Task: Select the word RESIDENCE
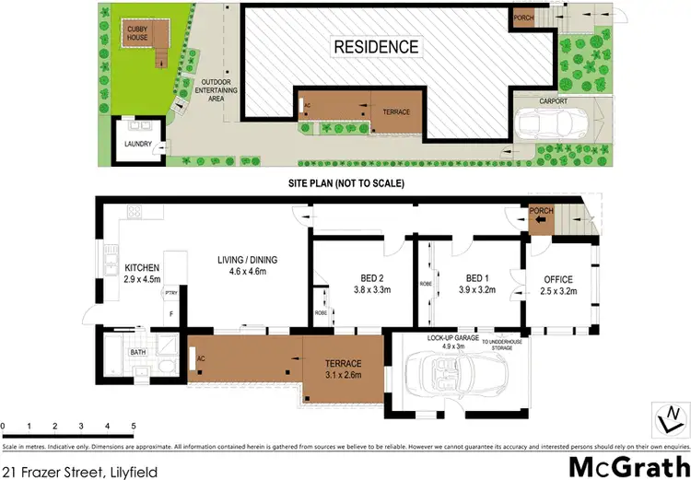(x=376, y=47)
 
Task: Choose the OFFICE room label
(x=558, y=280)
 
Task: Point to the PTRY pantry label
(x=170, y=293)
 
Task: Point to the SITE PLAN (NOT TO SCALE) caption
(x=345, y=182)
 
